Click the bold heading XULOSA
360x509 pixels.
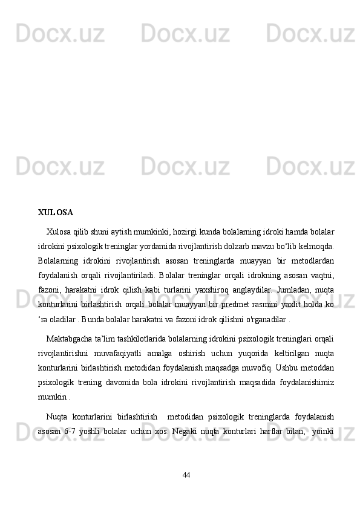coord(55,213)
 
